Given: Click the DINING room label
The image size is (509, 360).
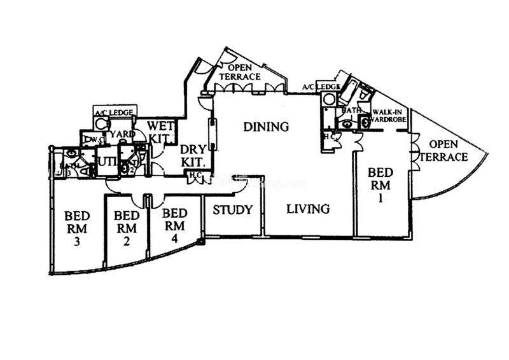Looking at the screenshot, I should pos(267,127).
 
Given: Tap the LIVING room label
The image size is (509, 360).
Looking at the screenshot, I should pos(307,209).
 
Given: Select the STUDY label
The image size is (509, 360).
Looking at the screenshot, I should pos(233,210).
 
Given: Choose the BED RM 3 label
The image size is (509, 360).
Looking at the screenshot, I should pos(77,228).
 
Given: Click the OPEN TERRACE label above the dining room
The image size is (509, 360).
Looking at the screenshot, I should pos(240,73).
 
